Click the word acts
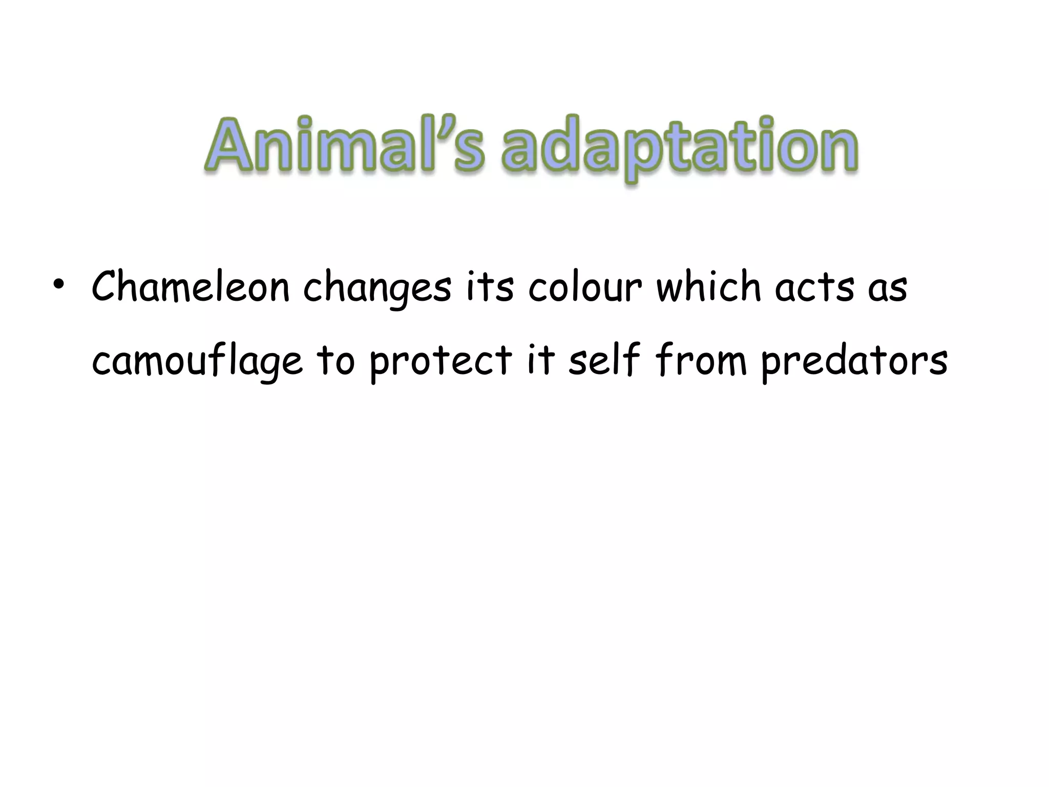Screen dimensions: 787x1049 (x=814, y=287)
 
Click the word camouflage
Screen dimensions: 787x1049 (x=197, y=362)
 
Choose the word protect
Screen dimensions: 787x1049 (x=440, y=362)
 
